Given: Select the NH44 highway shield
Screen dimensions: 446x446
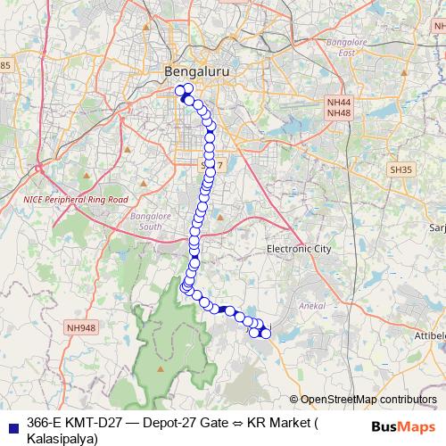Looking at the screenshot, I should pos(338,103).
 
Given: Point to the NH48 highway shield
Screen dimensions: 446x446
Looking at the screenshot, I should pos(338,113).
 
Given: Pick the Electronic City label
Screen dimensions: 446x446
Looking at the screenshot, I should pos(299,249).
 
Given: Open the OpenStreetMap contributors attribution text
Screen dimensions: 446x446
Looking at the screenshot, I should pos(368,400).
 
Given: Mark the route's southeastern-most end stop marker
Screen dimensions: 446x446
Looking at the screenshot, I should pos(265,334).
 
